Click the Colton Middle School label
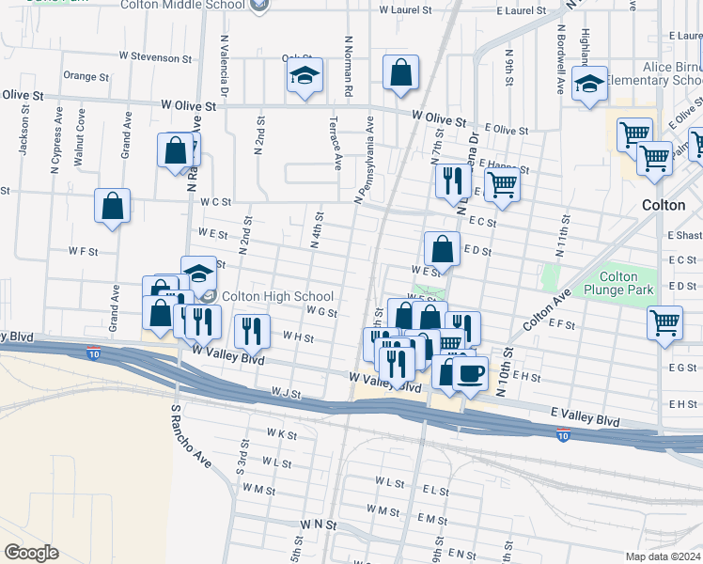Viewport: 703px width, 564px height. click(x=184, y=5)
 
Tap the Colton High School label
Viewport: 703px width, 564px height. click(x=277, y=296)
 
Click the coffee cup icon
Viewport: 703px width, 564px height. click(x=470, y=372)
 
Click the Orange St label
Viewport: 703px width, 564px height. click(x=80, y=75)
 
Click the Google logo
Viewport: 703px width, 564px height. click(x=31, y=552)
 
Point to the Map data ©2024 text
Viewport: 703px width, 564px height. click(x=663, y=556)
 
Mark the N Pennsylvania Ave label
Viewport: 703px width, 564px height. click(x=364, y=160)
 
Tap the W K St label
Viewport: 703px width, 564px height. click(x=281, y=434)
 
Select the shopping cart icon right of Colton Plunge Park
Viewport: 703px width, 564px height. click(x=664, y=322)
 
